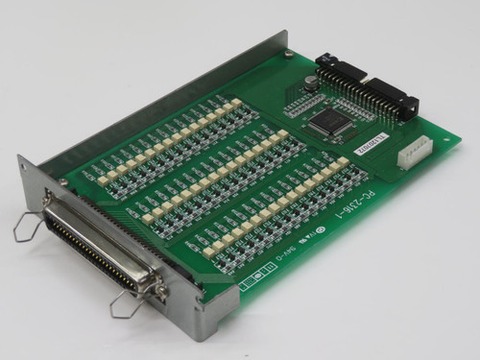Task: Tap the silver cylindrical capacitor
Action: [309, 83]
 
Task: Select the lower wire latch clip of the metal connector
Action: [125, 304]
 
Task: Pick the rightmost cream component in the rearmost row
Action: [235, 102]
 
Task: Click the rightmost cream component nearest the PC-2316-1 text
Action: [343, 162]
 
